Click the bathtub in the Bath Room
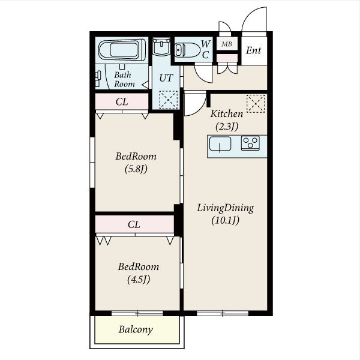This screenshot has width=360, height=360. pyautogui.click(x=122, y=50)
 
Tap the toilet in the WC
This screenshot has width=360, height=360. pyautogui.click(x=187, y=50)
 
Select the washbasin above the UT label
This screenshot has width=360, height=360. pyautogui.click(x=161, y=46)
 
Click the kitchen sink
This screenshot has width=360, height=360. pyautogui.click(x=220, y=144)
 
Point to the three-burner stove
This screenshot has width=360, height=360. pyautogui.click(x=250, y=143)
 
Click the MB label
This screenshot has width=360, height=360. pyautogui.click(x=227, y=44)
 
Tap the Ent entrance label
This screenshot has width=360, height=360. pyautogui.click(x=253, y=50)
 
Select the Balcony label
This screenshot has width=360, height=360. pyautogui.click(x=136, y=329)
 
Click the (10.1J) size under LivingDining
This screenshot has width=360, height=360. pyautogui.click(x=225, y=220)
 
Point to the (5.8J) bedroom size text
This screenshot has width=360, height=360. pyautogui.click(x=136, y=169)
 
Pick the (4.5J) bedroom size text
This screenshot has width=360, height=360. pyautogui.click(x=139, y=280)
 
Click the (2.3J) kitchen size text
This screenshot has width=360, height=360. pyautogui.click(x=227, y=126)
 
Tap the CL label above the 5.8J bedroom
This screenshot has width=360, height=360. pyautogui.click(x=122, y=102)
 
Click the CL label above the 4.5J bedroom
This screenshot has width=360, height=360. pyautogui.click(x=134, y=224)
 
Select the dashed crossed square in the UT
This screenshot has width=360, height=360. pyautogui.click(x=169, y=100)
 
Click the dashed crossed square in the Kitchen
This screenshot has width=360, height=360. pyautogui.click(x=256, y=104)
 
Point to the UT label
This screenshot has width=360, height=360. pyautogui.click(x=166, y=78)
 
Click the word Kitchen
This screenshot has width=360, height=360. pyautogui.click(x=227, y=113)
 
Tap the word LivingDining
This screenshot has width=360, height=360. pyautogui.click(x=226, y=208)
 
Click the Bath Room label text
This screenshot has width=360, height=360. pyautogui.click(x=124, y=79)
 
